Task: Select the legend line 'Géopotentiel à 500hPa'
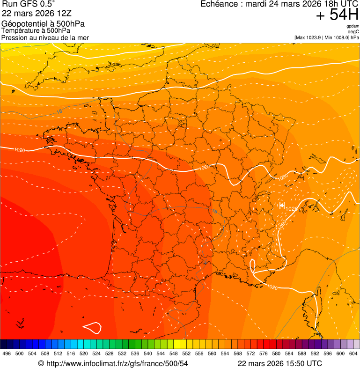coord(43,24)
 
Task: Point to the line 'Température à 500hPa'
coord(36,31)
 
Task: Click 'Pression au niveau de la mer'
coord(45,37)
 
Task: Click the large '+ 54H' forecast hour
coord(337,15)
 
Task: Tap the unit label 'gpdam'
coord(353,26)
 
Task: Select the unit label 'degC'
coord(353,32)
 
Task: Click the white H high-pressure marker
coord(282,205)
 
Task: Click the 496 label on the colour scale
coord(7,353)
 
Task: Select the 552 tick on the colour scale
coord(186,353)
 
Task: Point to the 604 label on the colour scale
coord(353,353)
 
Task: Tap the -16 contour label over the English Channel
coord(58,111)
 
